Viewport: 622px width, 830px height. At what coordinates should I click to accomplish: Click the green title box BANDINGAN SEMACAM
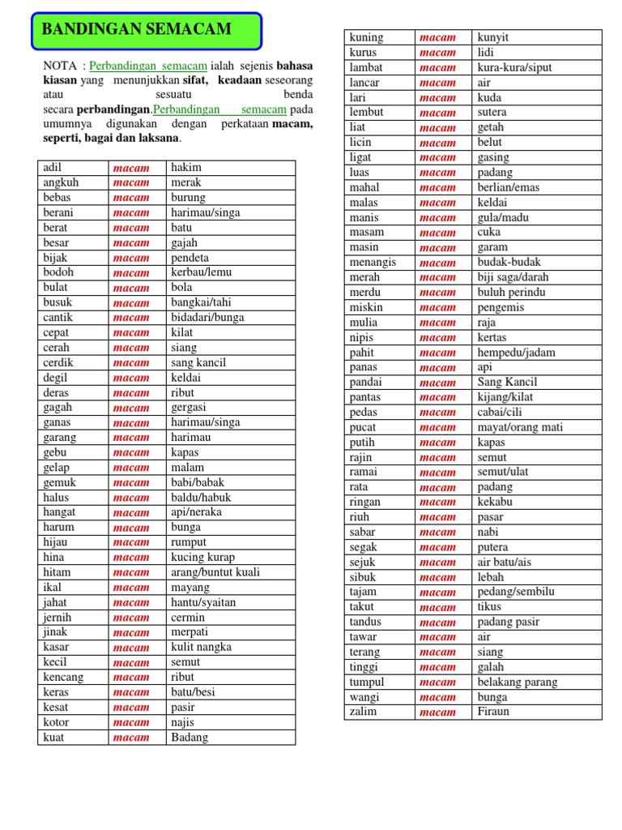pos(147,30)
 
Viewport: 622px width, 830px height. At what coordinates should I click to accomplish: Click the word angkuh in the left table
pos(61,182)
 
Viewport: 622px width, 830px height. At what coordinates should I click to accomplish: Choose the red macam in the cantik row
pos(131,318)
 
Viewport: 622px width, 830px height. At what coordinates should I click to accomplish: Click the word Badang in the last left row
pos(190,738)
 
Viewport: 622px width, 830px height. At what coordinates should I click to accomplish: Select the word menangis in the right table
pos(373,263)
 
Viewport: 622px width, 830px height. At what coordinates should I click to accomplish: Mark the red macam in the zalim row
pos(438,712)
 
